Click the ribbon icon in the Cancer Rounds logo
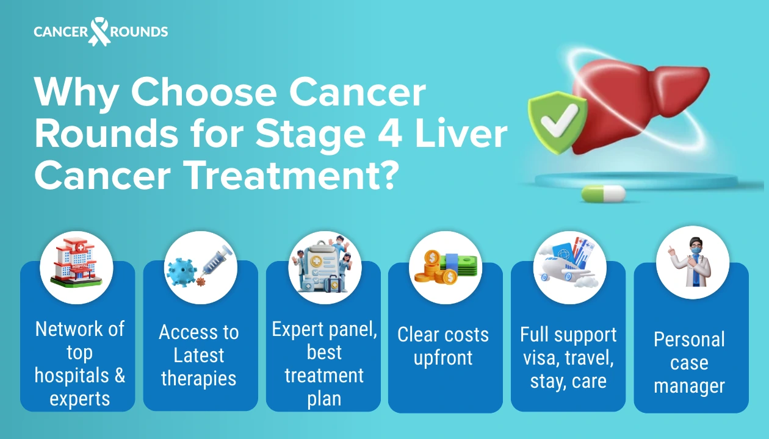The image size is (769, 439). (99, 32)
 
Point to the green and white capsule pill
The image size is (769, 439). (603, 194)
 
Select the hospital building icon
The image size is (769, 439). (76, 267)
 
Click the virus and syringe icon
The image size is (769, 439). (200, 267)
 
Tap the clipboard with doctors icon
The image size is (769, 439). (324, 267)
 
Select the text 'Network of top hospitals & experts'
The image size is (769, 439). (79, 364)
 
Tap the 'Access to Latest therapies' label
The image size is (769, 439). (199, 355)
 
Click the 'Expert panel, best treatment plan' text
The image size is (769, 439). (324, 364)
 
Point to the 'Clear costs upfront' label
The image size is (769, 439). (443, 346)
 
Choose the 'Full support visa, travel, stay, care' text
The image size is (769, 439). (568, 358)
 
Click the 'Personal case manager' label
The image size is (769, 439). (689, 363)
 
